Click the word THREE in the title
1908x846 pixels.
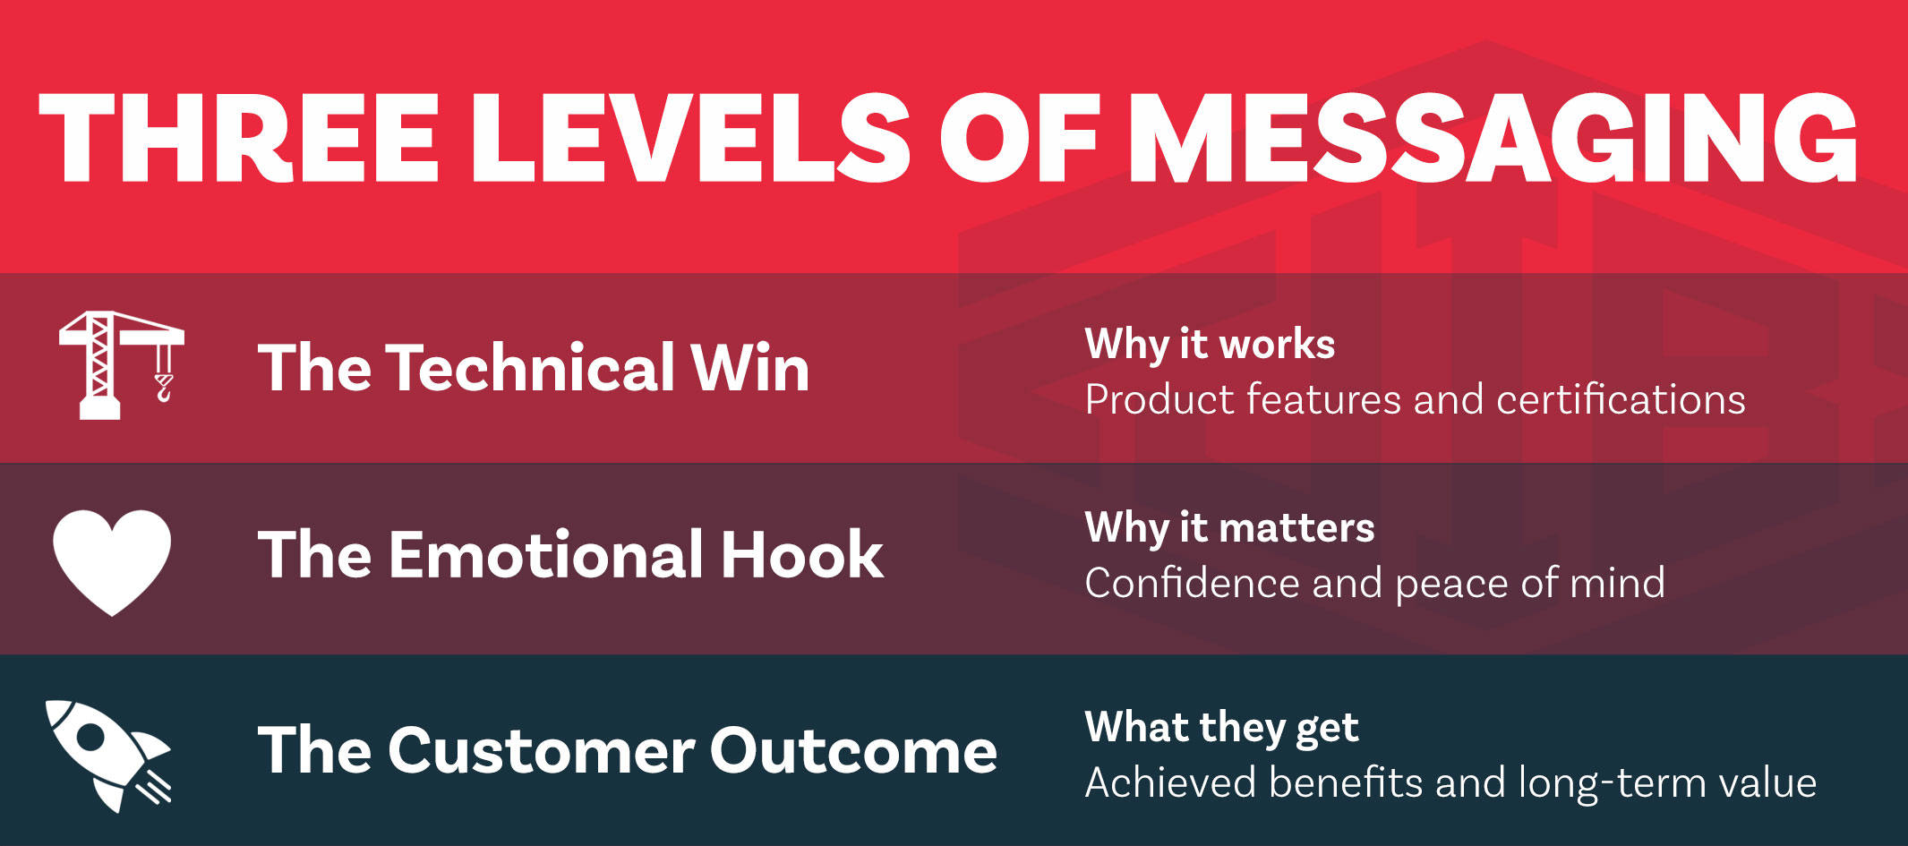tap(238, 138)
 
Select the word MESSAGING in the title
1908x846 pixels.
tap(1493, 138)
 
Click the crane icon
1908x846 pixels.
tap(121, 365)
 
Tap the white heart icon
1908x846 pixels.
tap(112, 561)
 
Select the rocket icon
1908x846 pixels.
tap(108, 756)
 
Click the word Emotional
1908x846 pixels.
tap(545, 554)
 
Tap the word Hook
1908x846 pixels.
tap(802, 554)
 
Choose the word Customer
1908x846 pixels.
tap(541, 750)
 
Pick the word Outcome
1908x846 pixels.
tap(853, 750)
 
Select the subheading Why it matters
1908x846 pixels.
tap(1229, 528)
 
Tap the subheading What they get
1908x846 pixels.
tap(1221, 728)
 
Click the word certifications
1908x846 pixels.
tap(1621, 399)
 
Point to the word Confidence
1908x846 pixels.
tap(1191, 583)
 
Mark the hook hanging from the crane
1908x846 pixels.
tap(164, 388)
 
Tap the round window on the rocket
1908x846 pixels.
tap(90, 736)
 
